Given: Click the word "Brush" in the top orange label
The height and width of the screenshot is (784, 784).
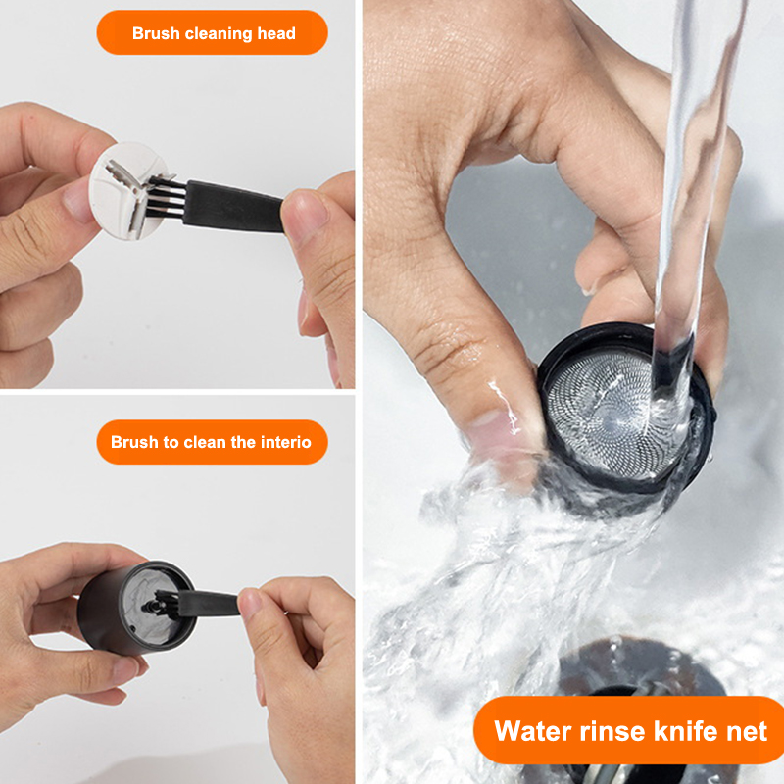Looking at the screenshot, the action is (156, 33).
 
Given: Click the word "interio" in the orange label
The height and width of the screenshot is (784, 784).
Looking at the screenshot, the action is (285, 442).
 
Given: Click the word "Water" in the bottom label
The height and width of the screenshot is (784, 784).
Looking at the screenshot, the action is (533, 731).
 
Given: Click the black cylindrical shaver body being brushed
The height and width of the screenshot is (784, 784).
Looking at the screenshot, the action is (136, 608).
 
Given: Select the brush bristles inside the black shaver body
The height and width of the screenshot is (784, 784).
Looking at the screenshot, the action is (167, 605).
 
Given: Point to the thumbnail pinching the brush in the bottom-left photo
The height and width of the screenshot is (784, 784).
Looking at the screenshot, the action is (250, 604).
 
